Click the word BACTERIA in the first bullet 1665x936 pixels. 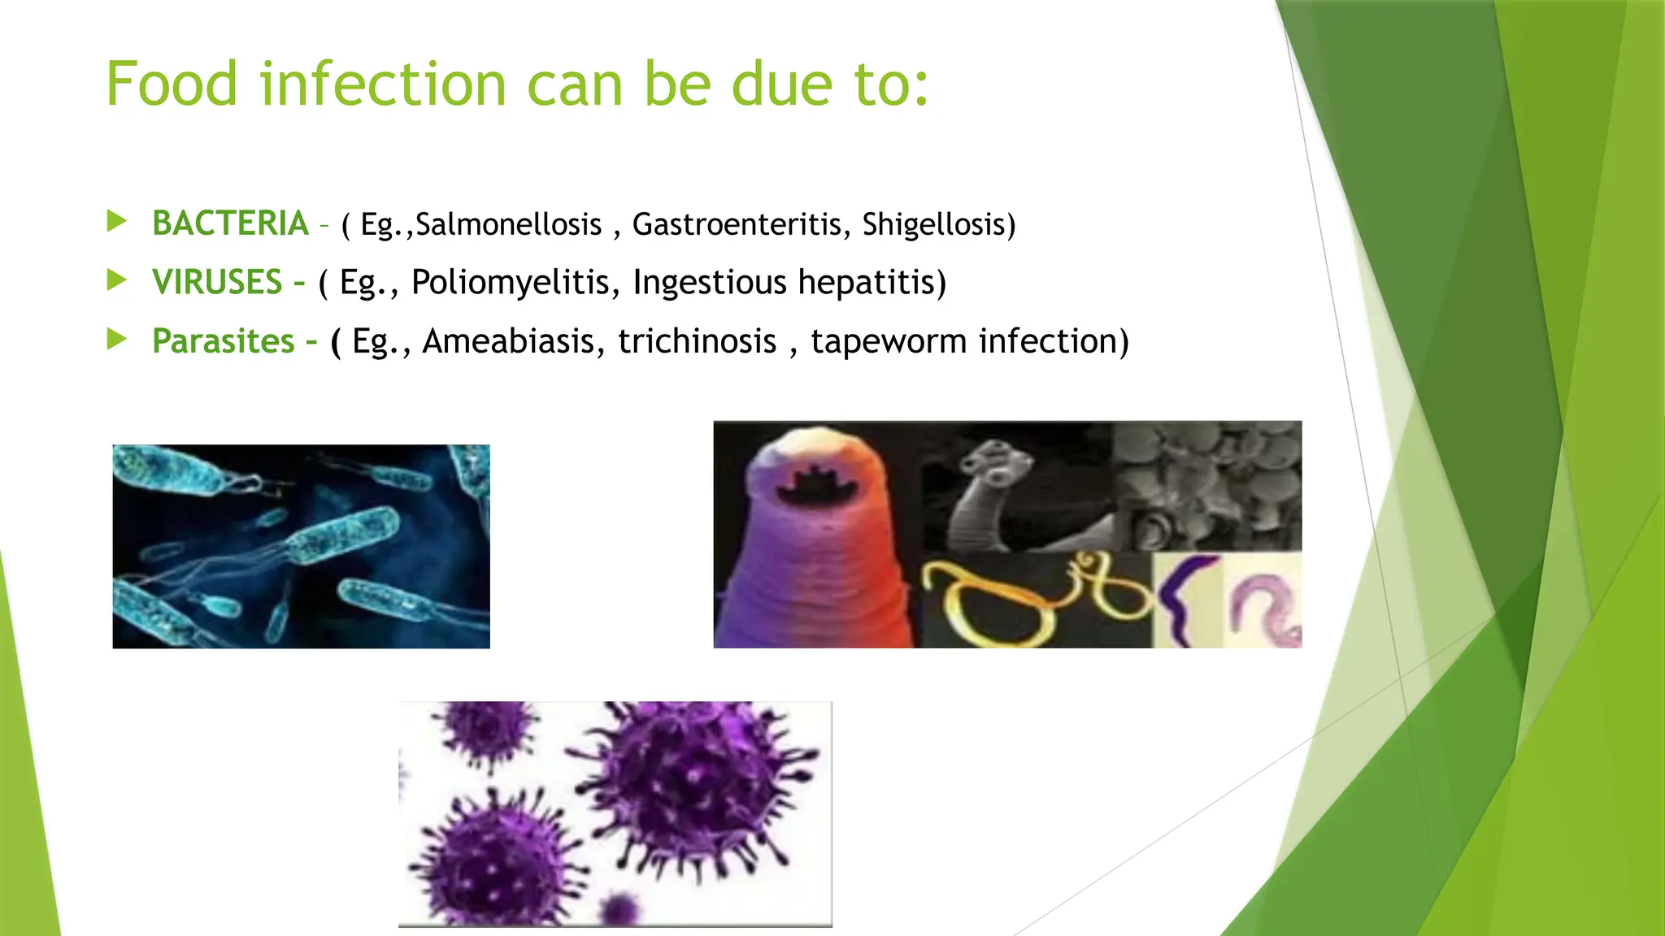tap(230, 223)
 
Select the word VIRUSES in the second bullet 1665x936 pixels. tap(217, 282)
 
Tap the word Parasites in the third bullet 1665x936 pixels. tap(223, 341)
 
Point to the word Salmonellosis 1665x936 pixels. tap(508, 224)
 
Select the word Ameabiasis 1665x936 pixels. tap(514, 341)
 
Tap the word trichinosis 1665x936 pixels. tap(697, 341)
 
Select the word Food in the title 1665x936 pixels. tap(172, 84)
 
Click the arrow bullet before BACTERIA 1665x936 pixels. tap(117, 221)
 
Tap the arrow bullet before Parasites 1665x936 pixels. tap(117, 339)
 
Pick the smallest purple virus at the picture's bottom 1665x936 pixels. tap(620, 908)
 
